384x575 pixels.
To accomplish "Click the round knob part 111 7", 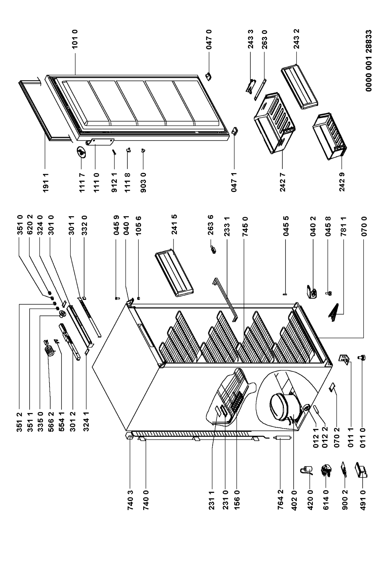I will [x=81, y=152].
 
